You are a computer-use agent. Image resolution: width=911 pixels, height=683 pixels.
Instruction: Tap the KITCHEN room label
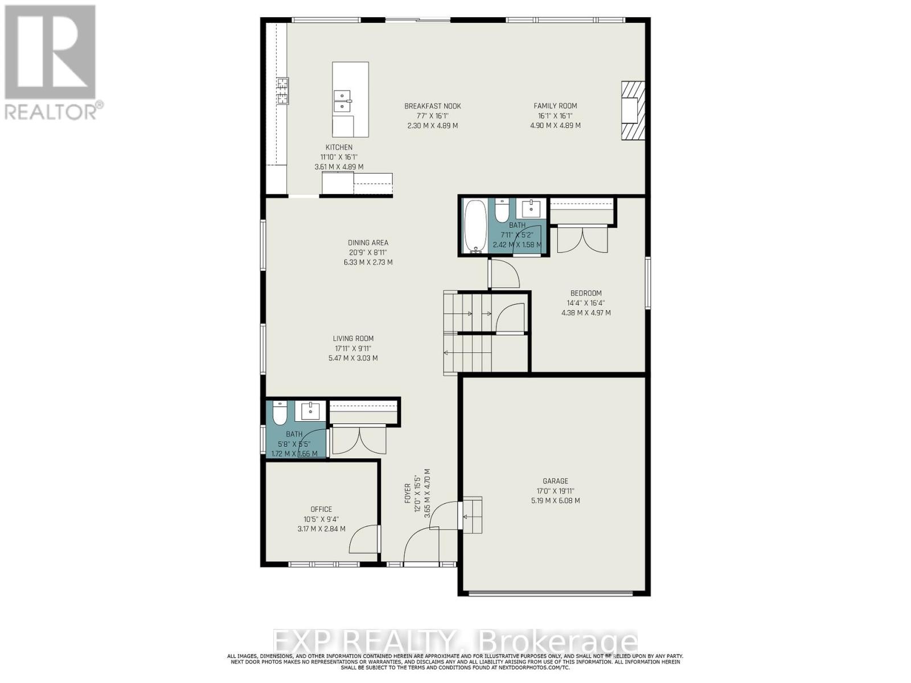[339, 147]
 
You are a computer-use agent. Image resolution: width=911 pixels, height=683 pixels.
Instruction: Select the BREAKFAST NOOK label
[433, 106]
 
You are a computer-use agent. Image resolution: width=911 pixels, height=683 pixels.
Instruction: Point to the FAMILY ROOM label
[555, 106]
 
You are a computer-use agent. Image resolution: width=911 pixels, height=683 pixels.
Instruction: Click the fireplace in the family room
[633, 110]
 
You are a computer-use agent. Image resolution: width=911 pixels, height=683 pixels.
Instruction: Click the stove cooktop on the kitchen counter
[282, 91]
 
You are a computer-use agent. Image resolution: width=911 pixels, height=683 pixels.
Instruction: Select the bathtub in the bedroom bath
[474, 226]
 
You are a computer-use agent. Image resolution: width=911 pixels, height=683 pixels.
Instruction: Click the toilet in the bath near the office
[280, 414]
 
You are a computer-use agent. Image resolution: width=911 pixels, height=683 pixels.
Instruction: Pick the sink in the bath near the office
[310, 410]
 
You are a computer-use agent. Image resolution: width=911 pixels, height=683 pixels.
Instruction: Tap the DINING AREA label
[368, 242]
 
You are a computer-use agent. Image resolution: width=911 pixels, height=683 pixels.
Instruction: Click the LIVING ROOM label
[353, 339]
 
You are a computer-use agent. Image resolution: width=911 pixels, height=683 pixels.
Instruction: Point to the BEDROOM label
[586, 293]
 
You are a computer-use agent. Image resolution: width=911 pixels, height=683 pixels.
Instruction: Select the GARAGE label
[555, 481]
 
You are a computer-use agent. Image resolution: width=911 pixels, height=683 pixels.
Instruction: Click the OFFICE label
[321, 509]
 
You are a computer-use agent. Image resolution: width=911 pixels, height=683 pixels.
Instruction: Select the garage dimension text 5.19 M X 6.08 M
[555, 501]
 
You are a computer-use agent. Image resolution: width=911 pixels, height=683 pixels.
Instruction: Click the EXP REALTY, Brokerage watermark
[455, 642]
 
